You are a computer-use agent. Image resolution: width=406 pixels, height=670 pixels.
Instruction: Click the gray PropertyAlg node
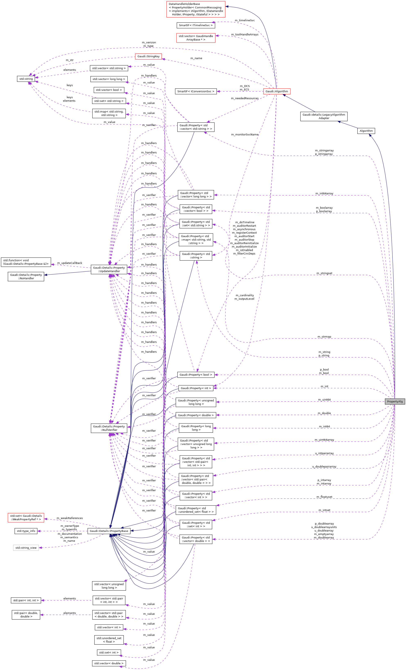(395, 401)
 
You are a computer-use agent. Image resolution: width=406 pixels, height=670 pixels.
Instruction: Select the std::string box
(26, 79)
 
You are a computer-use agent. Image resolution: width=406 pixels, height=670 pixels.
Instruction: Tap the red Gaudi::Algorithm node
(276, 91)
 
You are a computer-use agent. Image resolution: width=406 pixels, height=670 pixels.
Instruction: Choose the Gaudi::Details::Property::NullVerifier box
(109, 428)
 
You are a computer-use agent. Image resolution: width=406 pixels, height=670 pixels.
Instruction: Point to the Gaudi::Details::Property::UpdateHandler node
(109, 269)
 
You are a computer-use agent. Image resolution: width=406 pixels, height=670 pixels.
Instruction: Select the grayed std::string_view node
(26, 548)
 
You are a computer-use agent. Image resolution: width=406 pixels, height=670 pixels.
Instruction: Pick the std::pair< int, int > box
(26, 600)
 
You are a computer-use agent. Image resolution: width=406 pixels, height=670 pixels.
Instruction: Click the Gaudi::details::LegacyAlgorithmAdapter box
(324, 116)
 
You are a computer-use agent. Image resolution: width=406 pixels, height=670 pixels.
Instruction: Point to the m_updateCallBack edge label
(70, 263)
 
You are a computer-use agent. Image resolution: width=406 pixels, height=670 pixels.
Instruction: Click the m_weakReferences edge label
(70, 518)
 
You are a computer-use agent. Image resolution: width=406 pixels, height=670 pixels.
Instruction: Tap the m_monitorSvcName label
(245, 134)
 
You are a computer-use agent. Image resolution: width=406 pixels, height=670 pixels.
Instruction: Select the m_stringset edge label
(324, 273)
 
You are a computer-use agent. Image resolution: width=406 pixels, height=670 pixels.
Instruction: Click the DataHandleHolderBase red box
(196, 9)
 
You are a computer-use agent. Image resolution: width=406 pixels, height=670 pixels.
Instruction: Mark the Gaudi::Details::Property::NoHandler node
(26, 277)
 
